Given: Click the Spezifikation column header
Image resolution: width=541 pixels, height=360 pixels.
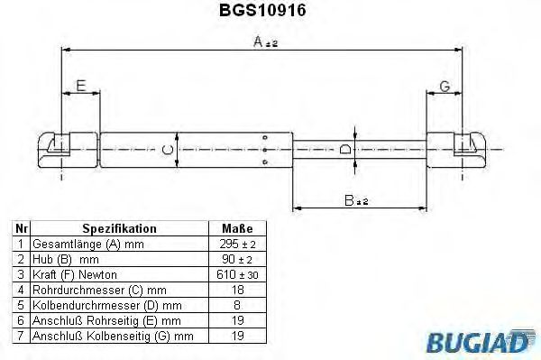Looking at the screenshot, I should click(119, 229).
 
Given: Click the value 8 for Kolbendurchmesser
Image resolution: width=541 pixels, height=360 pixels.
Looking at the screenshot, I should click(237, 304).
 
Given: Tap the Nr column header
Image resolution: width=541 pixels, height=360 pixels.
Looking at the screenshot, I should click(20, 229).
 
